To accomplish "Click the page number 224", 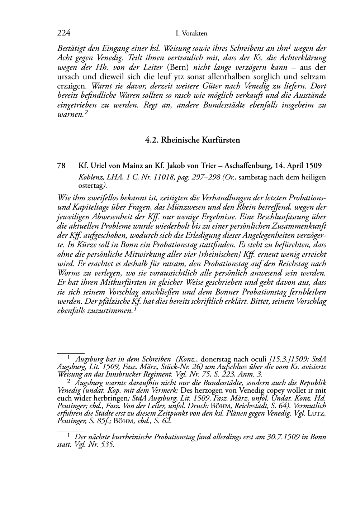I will [63, 33].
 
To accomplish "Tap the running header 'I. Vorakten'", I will [191, 34].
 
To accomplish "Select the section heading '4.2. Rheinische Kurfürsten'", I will [192, 140].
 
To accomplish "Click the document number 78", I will [61, 166].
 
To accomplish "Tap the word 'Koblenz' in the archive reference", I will [89, 177].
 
